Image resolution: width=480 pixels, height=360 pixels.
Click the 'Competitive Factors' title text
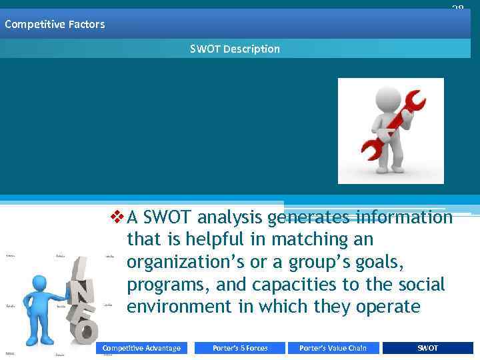[x=55, y=25]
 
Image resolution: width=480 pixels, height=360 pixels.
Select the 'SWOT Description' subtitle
[x=235, y=49]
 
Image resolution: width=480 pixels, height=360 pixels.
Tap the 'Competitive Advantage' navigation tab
[x=141, y=348]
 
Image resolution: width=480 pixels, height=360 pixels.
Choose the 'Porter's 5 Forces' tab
[x=240, y=348]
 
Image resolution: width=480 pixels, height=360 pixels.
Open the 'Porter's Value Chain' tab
[x=333, y=348]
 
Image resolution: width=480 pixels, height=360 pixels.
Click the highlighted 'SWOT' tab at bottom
[x=427, y=348]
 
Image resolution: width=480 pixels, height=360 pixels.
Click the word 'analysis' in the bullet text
[x=230, y=217]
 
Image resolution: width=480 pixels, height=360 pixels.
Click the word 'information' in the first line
[x=404, y=217]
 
